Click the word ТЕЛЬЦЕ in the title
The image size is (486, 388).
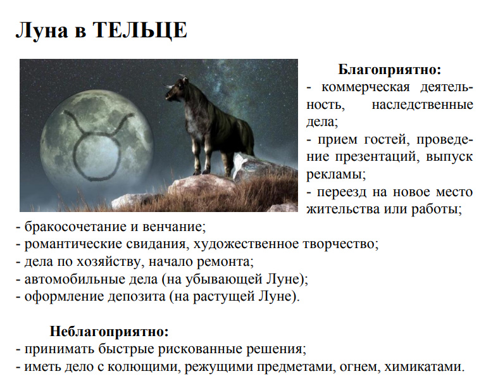point(140,30)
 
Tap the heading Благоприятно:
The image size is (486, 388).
point(389,70)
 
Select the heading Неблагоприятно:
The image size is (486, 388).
point(109,331)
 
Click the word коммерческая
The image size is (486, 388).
point(365,88)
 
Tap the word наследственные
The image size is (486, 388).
point(422,105)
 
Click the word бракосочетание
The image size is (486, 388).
point(75,227)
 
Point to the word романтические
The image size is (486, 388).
point(73,244)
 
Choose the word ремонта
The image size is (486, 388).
point(225,262)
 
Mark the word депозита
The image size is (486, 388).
point(137,297)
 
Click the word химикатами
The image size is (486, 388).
point(425,366)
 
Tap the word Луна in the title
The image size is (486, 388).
point(42,30)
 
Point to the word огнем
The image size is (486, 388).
point(359,367)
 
